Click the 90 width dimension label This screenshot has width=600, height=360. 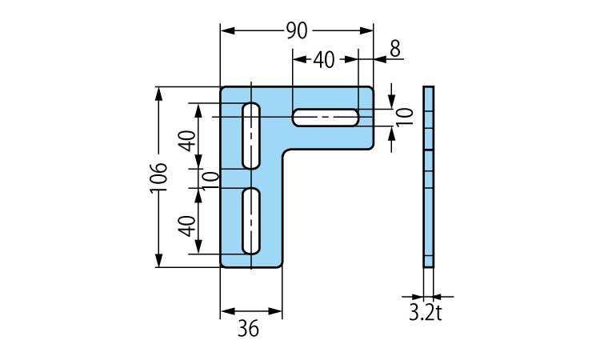297,30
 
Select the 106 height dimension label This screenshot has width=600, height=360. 159,178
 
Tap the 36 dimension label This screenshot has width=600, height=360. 248,328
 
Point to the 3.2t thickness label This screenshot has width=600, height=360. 426,314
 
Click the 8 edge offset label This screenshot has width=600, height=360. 395,49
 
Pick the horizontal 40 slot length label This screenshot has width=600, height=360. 324,60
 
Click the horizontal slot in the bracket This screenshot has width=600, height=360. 326,117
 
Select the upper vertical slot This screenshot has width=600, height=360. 251,136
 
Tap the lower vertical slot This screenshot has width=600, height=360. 251,221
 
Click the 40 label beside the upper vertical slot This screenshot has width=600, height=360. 187,141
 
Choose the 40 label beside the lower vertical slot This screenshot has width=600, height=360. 187,226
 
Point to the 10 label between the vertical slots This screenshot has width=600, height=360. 210,181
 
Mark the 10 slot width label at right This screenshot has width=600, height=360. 405,116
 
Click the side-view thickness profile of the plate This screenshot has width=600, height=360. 429,177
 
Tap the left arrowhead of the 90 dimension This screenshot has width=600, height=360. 228,30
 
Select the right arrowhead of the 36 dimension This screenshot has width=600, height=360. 275,311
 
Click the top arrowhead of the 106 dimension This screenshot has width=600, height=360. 159,94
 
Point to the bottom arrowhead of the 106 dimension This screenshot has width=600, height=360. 159,260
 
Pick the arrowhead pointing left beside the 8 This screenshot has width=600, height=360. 381,59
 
